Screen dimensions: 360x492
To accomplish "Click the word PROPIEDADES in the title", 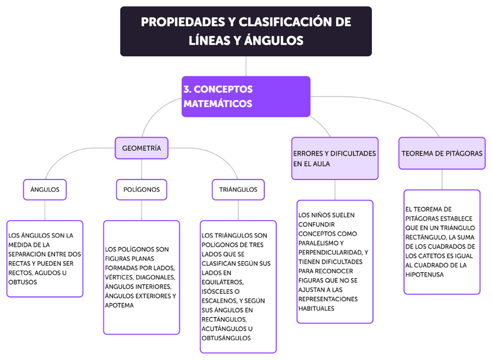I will pos(178,23).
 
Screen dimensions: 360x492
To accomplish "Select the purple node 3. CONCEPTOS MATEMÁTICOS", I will pos(245,96).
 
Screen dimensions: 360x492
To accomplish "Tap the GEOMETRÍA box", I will pos(142,148).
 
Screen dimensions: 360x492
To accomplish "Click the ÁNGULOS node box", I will pos(45,189).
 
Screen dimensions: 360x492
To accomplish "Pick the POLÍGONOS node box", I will pos(142,189).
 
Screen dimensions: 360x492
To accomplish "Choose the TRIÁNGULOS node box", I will pos(238,189).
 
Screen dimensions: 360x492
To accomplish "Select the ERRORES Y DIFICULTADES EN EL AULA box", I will pos(335,159).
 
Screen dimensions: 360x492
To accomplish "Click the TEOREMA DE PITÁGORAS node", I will pos(442,154).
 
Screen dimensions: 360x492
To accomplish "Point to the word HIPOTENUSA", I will pos(425,275).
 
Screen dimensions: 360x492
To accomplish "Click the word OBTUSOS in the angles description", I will pos(23,282).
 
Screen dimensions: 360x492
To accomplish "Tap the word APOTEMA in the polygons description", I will pos(120,305).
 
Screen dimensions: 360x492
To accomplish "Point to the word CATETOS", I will pos(432,255).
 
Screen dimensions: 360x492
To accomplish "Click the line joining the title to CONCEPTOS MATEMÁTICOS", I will pos(246,66).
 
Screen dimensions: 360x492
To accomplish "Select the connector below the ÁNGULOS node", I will pos(45,210).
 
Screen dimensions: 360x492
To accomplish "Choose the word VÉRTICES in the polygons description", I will pos(120,278).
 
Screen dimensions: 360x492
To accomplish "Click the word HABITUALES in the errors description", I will pos(317,308).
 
